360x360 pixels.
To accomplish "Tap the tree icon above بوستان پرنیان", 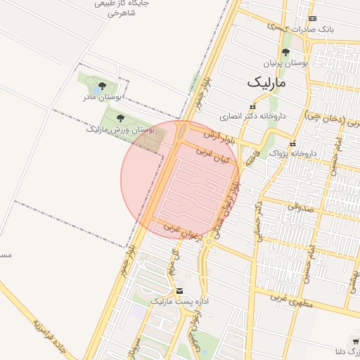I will [285, 52].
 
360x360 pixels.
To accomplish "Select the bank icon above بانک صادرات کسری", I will [313, 19].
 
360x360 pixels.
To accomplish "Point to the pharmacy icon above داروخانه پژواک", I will [293, 143].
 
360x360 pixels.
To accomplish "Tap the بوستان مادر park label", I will [103, 96].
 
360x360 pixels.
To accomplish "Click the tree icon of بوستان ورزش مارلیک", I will [120, 119].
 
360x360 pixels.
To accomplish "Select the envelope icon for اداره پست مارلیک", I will [180, 290].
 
